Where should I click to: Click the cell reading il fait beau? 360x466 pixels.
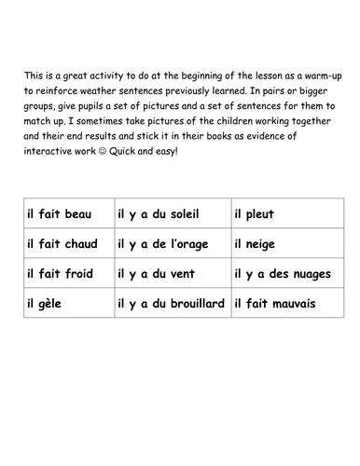(65, 215)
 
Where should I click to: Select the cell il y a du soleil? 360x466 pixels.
(171, 215)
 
